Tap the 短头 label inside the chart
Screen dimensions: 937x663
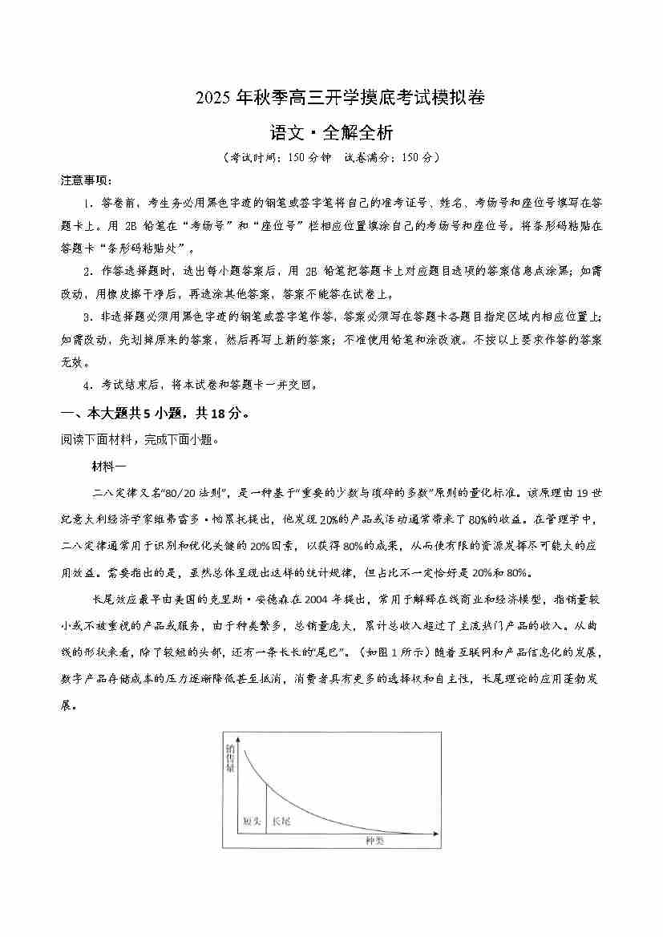(252, 822)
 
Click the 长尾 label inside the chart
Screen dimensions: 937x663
(281, 822)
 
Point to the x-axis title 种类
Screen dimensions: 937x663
(374, 841)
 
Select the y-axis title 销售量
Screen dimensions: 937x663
(231, 758)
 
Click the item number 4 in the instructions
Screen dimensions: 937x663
(87, 385)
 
